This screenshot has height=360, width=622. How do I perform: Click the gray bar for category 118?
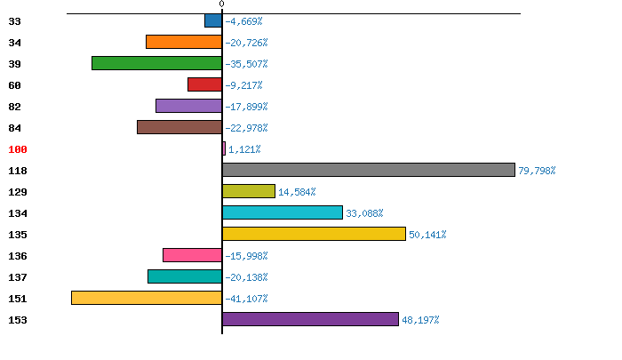coord(369,170)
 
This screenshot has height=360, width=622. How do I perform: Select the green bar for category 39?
coord(156,63)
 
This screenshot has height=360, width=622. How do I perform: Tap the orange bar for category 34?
coord(184,42)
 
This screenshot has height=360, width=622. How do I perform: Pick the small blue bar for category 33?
coord(213,20)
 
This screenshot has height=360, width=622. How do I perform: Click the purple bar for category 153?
coord(310,319)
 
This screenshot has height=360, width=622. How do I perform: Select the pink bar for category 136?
coord(192,255)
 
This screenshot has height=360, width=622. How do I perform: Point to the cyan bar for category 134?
coord(283,212)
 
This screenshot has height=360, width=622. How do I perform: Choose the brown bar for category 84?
coord(179,127)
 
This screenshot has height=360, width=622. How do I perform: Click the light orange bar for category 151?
coord(147,298)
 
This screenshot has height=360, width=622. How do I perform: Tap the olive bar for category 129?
coord(249,191)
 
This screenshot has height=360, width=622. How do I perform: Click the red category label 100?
coord(18,149)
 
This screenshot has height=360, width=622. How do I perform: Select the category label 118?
coord(18,171)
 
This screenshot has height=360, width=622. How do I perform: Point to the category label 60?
coord(14,85)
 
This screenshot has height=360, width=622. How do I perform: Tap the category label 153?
coord(18,320)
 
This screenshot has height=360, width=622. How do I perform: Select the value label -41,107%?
coord(246,299)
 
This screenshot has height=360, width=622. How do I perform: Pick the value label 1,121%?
coord(244,149)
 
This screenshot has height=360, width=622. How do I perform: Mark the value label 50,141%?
coord(427,235)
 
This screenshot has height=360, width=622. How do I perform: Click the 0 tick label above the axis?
coord(221,5)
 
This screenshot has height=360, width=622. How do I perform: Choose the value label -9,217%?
coord(243,85)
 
